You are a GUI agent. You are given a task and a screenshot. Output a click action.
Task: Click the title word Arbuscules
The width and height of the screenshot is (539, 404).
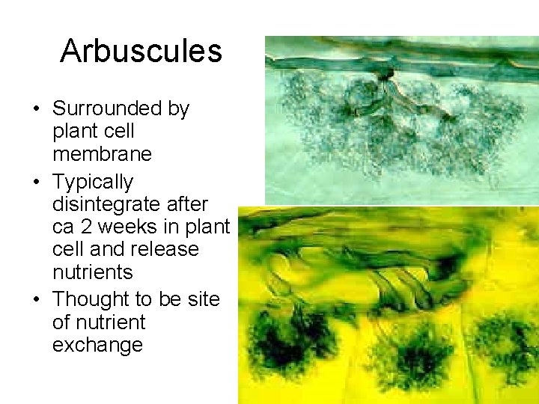point(141,51)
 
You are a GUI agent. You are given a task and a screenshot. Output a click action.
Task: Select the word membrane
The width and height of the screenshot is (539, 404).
point(102,154)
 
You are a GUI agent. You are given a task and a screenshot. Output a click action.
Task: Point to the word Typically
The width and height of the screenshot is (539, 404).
point(93,182)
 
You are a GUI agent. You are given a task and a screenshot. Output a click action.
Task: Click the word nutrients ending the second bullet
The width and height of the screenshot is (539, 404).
point(92,272)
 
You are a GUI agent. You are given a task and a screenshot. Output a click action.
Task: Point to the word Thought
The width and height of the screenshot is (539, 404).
point(90,299)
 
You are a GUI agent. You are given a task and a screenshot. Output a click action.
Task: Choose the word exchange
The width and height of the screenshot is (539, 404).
point(97,345)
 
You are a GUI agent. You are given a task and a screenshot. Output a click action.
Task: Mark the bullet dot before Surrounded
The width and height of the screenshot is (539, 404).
point(36,109)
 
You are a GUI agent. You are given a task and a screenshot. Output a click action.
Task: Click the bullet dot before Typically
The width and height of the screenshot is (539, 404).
point(36,183)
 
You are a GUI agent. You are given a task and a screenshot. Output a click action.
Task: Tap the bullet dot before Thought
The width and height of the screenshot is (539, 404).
point(36,300)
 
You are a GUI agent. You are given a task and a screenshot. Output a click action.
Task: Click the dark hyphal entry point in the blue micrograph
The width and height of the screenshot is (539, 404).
point(386,73)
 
